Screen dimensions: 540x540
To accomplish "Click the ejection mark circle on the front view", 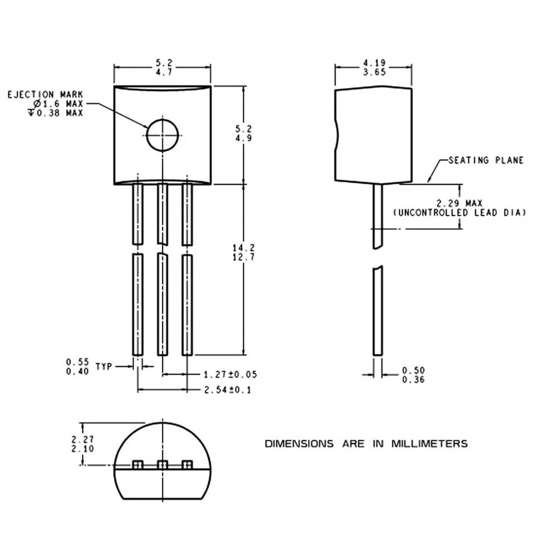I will tap(163, 134).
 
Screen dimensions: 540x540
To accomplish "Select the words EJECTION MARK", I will tap(45, 94).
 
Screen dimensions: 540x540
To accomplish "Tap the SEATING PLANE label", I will tap(486, 160).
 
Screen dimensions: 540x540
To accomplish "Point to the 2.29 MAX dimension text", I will tap(459, 203).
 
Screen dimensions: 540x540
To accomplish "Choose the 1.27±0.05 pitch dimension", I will tap(230, 374).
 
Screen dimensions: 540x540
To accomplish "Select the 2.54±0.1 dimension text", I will tap(228, 390).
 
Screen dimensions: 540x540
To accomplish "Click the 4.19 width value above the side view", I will tap(374, 63).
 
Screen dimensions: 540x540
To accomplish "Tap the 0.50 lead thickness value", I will tap(413, 371).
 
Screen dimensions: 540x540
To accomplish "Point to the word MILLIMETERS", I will tap(429, 443).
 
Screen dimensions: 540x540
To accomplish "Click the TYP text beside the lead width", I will tap(104, 366).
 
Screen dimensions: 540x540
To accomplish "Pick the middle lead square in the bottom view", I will tap(163, 464).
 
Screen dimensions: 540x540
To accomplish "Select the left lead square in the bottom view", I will tap(138, 464).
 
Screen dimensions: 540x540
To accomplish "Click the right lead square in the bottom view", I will tap(186, 464).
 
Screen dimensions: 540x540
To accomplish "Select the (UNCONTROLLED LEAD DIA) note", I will tap(460, 213).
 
